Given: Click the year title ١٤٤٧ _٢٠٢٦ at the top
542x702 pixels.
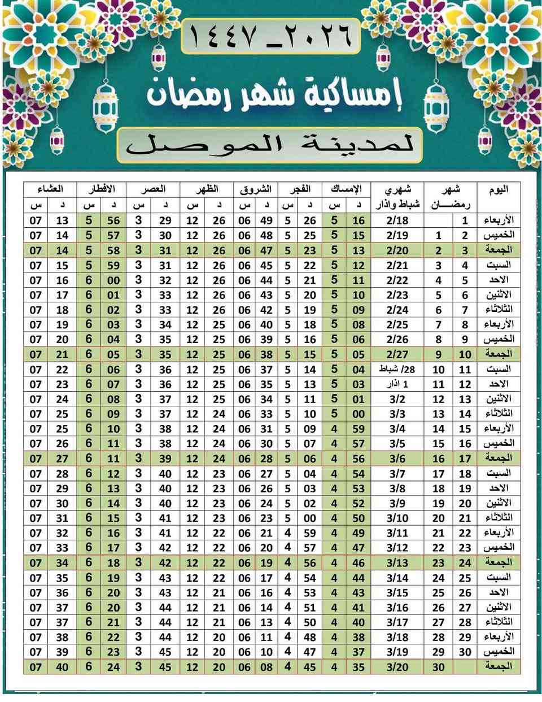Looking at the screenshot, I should [270, 36].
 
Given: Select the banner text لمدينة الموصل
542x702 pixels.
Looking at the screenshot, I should [270, 145].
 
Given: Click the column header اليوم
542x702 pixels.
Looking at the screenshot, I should [498, 189].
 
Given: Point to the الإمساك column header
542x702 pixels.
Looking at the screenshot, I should [346, 189].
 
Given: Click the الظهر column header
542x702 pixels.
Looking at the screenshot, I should [206, 189].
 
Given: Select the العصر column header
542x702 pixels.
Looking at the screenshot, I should [152, 189].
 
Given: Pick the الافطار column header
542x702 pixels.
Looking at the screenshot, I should [102, 189].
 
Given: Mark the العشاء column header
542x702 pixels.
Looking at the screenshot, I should [50, 189].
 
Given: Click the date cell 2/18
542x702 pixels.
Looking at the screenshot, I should [397, 220].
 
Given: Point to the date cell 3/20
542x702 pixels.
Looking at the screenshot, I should [397, 667].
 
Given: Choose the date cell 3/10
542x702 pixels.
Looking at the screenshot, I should [397, 518].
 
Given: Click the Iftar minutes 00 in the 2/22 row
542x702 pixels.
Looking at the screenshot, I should [113, 280].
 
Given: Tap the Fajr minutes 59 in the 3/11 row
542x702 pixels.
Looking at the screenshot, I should [309, 533].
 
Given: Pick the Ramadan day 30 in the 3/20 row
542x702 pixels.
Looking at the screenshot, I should [439, 667].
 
